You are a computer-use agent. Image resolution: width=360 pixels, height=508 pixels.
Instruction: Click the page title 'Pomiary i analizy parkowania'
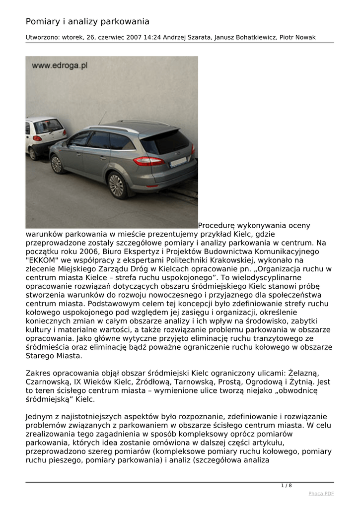87,21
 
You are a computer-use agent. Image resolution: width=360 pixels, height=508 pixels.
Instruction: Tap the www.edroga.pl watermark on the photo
60,65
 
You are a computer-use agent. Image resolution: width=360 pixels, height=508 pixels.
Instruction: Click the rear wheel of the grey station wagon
116,185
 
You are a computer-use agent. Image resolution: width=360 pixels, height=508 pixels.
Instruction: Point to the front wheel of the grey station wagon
57,164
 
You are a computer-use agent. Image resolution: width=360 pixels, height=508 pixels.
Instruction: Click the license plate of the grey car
178,162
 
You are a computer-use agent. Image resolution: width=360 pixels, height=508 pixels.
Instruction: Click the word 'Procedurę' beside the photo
216,225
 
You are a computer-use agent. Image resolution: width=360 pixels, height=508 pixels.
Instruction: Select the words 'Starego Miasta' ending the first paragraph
54,356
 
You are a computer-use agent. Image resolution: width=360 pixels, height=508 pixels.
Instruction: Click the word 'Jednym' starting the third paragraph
40,416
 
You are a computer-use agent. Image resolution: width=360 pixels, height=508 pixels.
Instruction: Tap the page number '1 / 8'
287,485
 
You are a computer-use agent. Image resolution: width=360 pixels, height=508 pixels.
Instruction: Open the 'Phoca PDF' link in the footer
321,493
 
